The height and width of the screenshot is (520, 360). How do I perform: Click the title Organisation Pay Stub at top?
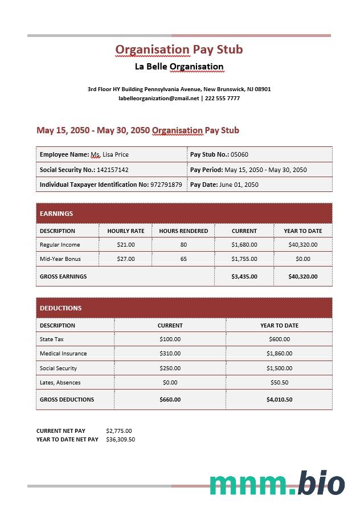[x=179, y=50]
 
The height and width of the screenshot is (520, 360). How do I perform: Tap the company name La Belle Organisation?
[x=179, y=67]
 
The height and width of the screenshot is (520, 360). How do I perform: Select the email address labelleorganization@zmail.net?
[x=159, y=99]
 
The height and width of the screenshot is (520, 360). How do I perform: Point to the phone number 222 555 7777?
[x=222, y=99]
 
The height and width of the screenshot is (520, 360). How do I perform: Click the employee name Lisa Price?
[x=116, y=154]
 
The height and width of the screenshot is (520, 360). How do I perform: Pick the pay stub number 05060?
[x=239, y=154]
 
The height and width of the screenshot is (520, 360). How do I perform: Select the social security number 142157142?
[x=113, y=170]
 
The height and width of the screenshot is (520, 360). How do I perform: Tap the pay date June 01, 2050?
[x=239, y=185]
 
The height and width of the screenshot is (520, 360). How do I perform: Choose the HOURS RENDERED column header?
[x=183, y=231]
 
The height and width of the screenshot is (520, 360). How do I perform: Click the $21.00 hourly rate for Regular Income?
[x=125, y=245]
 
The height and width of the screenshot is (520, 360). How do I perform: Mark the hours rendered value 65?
[x=183, y=259]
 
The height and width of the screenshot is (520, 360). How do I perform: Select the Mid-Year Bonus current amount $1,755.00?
[x=244, y=259]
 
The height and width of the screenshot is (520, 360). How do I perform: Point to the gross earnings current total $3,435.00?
[x=244, y=277]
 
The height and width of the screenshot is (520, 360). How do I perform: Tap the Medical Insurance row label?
[x=63, y=354]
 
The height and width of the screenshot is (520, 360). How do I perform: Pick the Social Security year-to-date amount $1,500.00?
[x=279, y=368]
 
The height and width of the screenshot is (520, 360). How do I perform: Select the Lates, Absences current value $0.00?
[x=170, y=383]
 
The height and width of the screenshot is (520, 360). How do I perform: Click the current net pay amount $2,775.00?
[x=119, y=431]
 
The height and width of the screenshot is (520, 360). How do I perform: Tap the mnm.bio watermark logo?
[x=277, y=484]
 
